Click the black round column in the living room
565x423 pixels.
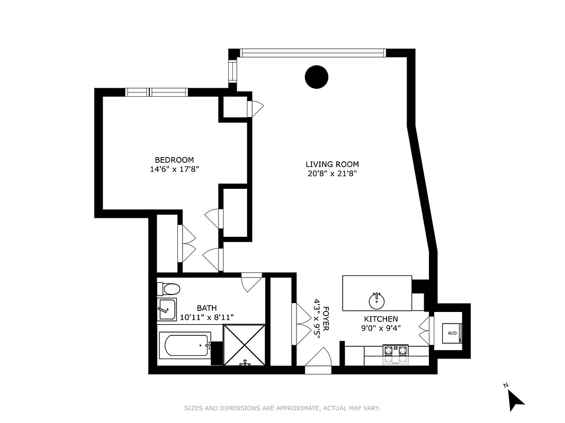(x=317, y=77)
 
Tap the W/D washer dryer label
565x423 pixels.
(x=452, y=333)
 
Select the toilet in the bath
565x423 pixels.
(x=169, y=289)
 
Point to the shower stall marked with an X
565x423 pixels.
(x=244, y=345)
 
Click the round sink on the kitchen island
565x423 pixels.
(x=377, y=300)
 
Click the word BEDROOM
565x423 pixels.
(x=174, y=160)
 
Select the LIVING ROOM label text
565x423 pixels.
(x=332, y=164)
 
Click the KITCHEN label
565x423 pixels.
(x=380, y=319)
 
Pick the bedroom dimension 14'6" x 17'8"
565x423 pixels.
(x=174, y=169)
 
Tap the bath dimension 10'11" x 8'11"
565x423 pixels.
(x=207, y=317)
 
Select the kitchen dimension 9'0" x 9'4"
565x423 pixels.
(x=380, y=328)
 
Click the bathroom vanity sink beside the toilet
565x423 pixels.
(x=167, y=309)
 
